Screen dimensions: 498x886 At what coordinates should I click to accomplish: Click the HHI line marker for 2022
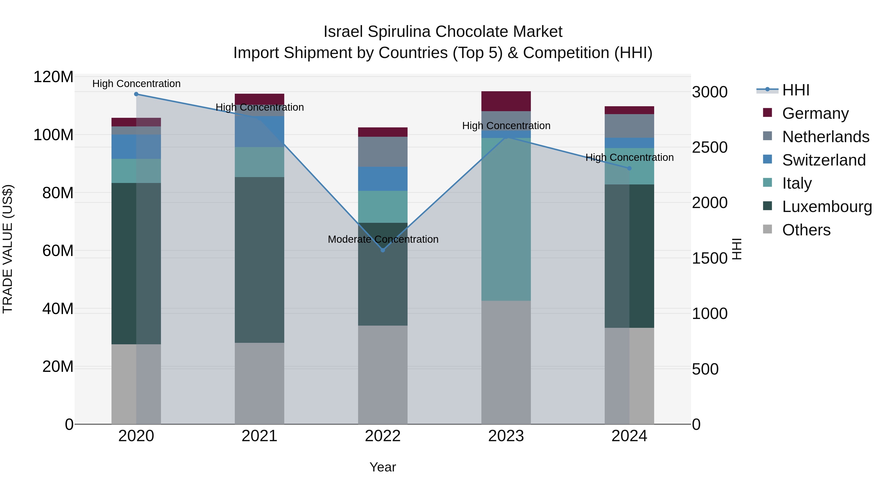click(x=383, y=250)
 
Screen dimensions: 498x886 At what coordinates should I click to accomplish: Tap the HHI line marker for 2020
click(x=136, y=94)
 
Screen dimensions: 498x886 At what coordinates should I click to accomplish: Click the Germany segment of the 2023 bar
click(x=506, y=101)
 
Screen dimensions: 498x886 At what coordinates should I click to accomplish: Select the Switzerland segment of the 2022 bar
click(x=383, y=179)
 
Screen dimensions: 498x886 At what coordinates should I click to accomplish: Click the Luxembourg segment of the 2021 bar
click(x=259, y=260)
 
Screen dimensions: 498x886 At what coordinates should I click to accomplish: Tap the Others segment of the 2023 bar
click(x=506, y=362)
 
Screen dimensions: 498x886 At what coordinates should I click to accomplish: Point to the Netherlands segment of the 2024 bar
click(x=629, y=126)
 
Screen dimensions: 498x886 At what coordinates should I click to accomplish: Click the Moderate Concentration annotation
click(x=383, y=239)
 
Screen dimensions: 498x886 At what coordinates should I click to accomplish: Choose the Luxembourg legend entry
click(x=827, y=207)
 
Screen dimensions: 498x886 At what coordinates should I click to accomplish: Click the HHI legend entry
click(x=795, y=90)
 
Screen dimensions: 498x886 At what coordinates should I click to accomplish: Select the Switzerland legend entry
click(x=824, y=160)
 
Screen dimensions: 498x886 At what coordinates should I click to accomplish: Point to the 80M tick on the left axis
click(x=58, y=193)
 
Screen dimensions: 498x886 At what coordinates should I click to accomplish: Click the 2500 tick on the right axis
click(x=709, y=148)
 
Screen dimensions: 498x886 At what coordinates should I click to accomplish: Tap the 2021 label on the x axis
click(x=259, y=436)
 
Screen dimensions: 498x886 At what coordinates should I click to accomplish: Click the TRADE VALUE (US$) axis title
click(x=8, y=249)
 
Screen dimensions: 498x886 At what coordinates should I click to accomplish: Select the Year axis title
click(x=382, y=467)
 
